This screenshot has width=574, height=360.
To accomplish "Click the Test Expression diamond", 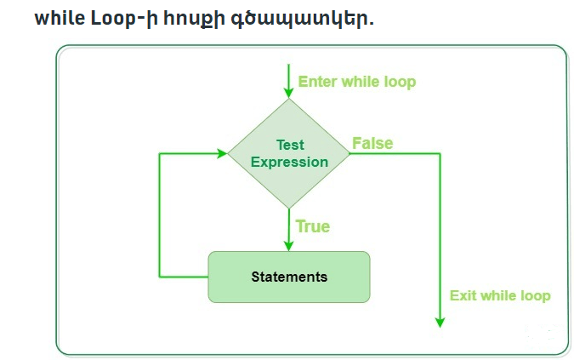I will coord(290,153).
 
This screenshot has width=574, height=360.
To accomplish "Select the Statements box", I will coord(289,277).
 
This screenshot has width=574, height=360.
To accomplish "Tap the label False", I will coord(372,143).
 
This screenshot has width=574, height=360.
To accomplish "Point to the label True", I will coord(312,226).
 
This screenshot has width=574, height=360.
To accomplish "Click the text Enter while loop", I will coord(356,83).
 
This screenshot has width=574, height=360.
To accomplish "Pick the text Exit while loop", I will coord(499,295).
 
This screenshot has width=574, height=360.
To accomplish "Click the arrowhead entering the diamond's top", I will coord(290,92).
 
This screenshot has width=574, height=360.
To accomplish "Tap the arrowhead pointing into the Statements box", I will coord(290,245).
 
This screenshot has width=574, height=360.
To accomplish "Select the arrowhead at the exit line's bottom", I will coord(440,321).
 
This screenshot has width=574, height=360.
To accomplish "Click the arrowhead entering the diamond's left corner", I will coord(222,154).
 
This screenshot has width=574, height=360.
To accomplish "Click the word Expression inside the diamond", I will coord(289,162).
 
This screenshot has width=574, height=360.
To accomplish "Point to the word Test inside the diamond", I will coord(290,146).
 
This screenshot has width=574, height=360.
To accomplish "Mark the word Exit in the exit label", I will coord(463,295).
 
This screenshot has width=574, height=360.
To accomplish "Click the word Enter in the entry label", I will coord(317,83).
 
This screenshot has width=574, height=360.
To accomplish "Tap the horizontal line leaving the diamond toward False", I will coord(395,154).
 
